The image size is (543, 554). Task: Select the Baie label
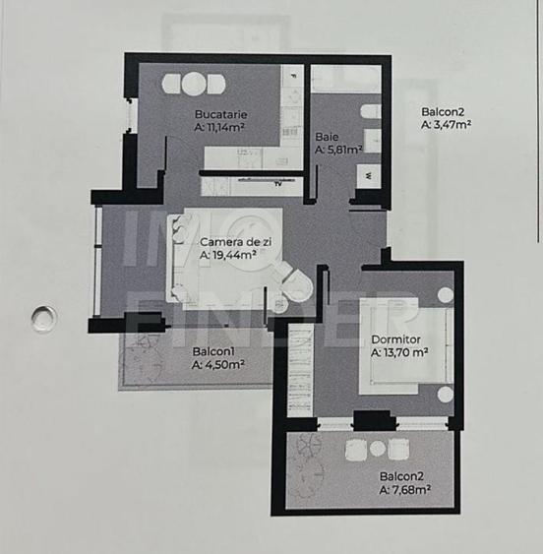(327, 137)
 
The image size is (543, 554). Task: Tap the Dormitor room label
(397, 340)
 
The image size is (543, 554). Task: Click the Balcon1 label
(213, 351)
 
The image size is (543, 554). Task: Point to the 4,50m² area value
(218, 364)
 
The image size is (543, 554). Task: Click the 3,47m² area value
(446, 125)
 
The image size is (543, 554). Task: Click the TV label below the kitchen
(278, 182)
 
